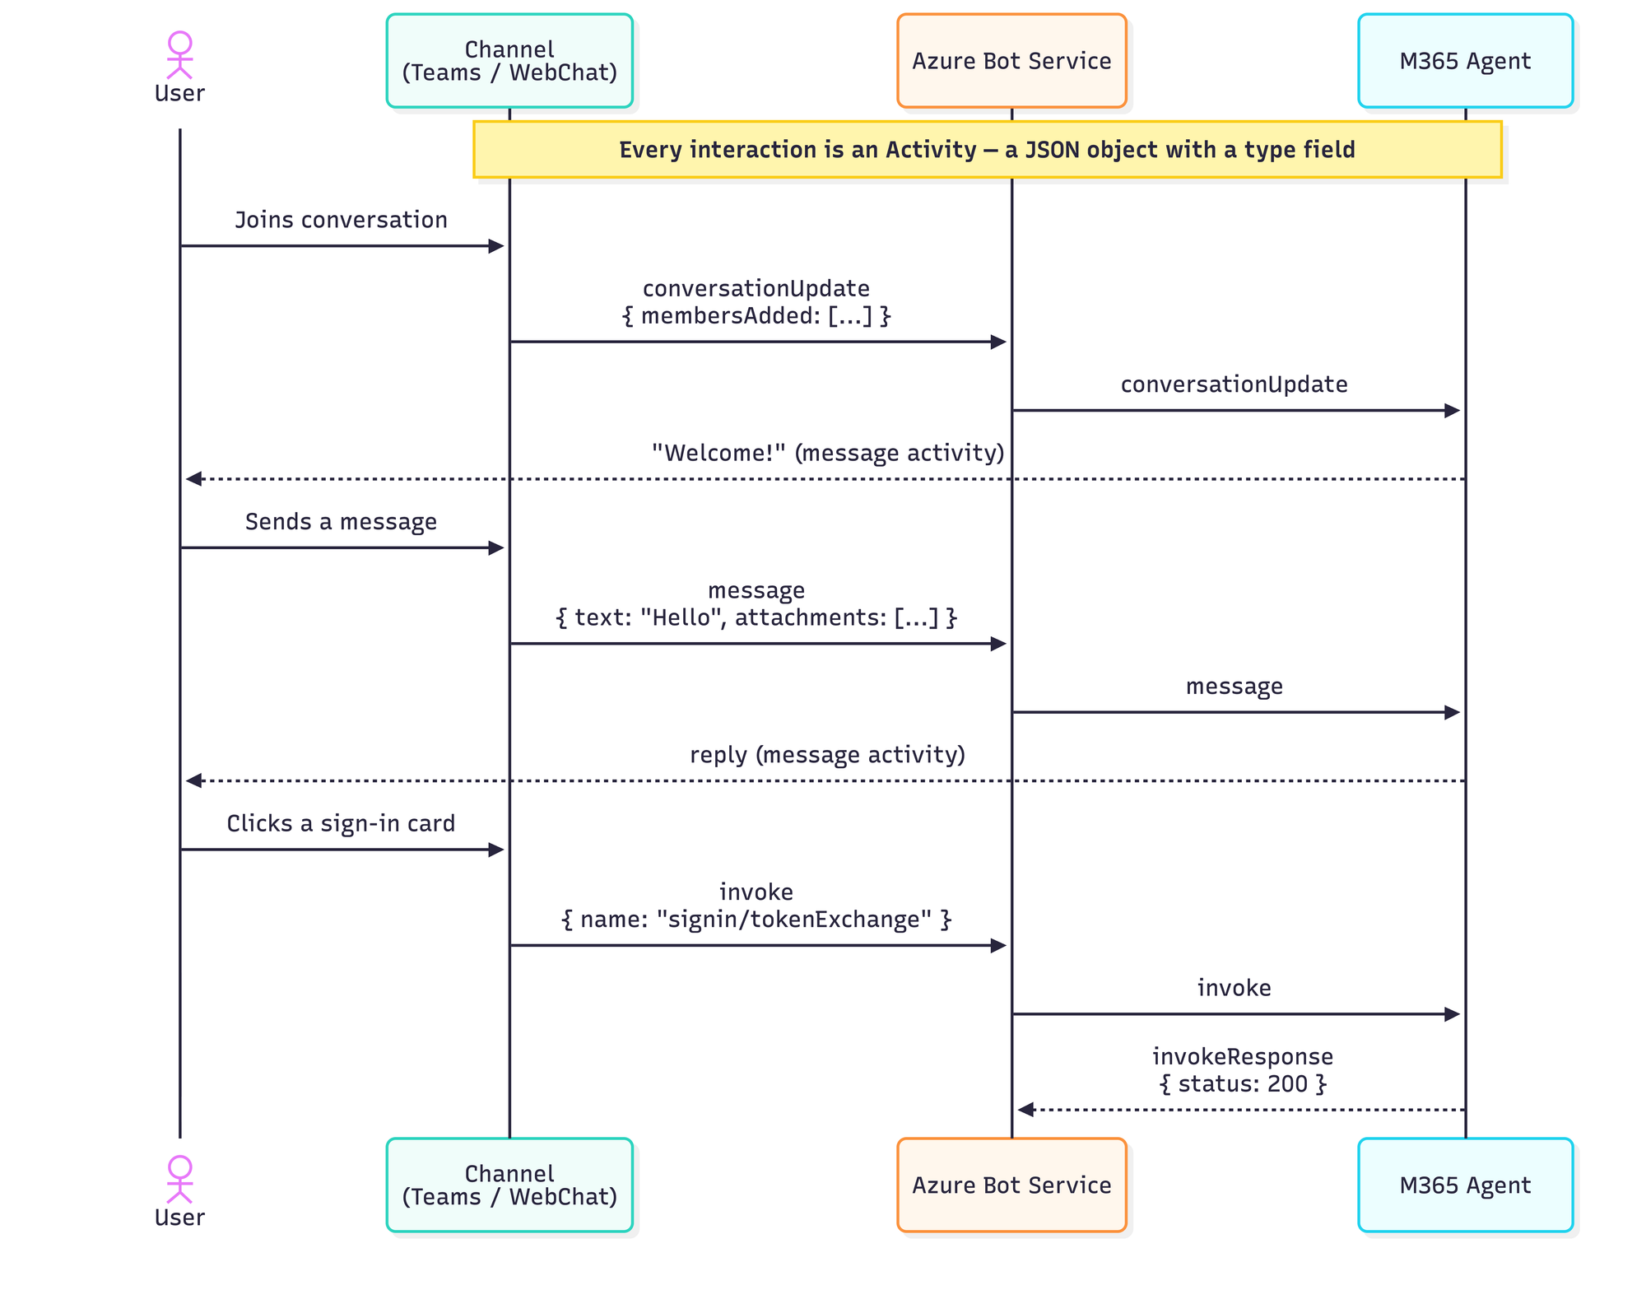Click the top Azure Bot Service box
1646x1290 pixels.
click(x=1011, y=61)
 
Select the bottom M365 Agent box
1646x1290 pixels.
click(x=1465, y=1185)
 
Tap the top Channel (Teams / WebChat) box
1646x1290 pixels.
click(x=509, y=61)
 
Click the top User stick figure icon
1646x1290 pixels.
click(x=179, y=55)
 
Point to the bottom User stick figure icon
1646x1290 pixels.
click(x=179, y=1180)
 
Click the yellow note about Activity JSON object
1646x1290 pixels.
click(x=987, y=150)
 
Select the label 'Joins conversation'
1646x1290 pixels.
click(x=341, y=220)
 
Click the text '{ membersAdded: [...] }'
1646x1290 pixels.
click(x=756, y=316)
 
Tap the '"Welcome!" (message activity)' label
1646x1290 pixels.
click(x=828, y=453)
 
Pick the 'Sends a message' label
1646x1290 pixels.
click(x=341, y=522)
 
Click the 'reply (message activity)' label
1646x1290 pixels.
click(x=827, y=755)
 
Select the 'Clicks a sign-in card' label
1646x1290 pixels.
click(x=341, y=823)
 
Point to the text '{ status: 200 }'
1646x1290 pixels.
click(x=1243, y=1083)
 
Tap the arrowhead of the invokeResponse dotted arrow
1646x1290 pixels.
click(x=1025, y=1110)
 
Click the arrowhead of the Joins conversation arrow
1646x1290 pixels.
click(x=496, y=245)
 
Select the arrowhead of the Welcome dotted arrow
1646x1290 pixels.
click(x=193, y=478)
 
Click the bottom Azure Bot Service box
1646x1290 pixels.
click(x=1011, y=1185)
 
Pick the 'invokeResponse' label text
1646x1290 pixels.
click(x=1243, y=1056)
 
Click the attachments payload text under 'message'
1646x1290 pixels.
click(x=756, y=617)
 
